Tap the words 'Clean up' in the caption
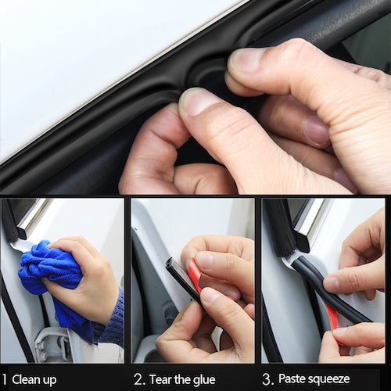click(34, 379)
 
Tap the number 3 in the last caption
click(267, 379)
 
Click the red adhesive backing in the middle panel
click(194, 278)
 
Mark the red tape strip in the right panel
click(332, 317)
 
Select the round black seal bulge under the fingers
click(210, 74)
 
